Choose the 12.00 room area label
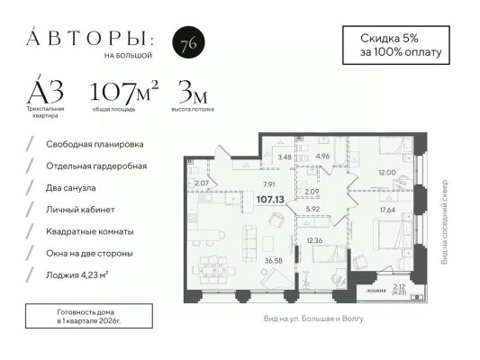point(385,172)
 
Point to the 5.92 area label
point(312,210)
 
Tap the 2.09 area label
point(312,192)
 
